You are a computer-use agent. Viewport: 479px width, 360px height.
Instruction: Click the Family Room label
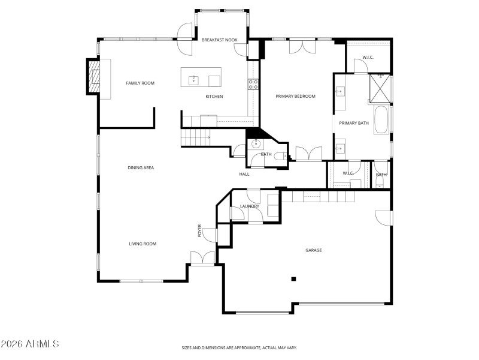140,83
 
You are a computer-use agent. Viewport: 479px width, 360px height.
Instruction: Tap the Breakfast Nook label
219,40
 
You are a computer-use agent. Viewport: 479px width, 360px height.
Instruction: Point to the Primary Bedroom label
295,96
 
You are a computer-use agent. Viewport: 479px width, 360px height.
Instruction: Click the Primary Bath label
354,123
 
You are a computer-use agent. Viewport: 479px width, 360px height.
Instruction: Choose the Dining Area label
141,167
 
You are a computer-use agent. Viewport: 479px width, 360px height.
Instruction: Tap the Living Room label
143,244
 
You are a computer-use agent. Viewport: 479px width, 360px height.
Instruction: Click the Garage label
313,250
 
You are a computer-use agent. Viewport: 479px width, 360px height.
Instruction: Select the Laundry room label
249,206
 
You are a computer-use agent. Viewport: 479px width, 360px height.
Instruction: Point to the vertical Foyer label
200,230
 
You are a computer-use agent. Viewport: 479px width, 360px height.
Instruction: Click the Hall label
244,174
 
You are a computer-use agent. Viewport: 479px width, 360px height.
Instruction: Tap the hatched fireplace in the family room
95,77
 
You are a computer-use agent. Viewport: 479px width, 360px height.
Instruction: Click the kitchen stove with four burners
253,85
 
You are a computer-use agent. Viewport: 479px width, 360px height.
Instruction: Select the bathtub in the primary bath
381,120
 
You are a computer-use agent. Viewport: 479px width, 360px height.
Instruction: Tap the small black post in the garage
293,278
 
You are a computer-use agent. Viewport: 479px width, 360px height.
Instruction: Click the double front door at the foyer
202,259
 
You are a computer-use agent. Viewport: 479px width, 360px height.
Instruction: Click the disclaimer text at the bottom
239,347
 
